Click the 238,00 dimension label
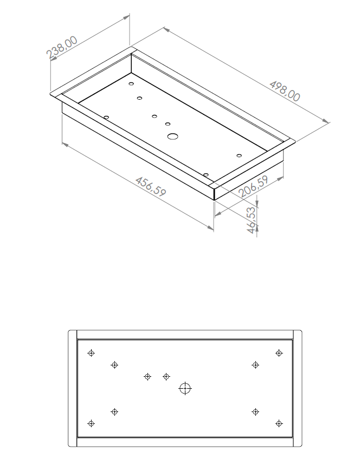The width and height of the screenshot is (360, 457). pyautogui.click(x=62, y=47)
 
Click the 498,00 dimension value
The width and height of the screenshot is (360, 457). pyautogui.click(x=285, y=91)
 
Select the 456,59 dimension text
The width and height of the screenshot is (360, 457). pyautogui.click(x=151, y=186)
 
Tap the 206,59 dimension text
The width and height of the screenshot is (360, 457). pyautogui.click(x=253, y=186)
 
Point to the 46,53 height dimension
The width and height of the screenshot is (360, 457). pyautogui.click(x=251, y=220)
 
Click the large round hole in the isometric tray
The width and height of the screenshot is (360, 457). pyautogui.click(x=173, y=136)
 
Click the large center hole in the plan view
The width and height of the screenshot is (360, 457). pyautogui.click(x=185, y=388)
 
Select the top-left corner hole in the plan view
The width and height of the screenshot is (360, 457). pyautogui.click(x=91, y=353)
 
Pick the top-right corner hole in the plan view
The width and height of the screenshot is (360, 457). pyautogui.click(x=279, y=353)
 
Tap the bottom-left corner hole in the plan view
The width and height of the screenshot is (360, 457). pyautogui.click(x=91, y=423)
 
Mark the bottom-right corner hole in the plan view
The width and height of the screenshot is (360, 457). pyautogui.click(x=279, y=423)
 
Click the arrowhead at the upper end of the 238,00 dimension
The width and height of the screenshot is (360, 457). pyautogui.click(x=126, y=17)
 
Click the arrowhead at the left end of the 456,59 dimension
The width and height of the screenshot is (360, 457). pyautogui.click(x=66, y=145)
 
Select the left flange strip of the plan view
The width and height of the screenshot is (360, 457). pyautogui.click(x=73, y=388)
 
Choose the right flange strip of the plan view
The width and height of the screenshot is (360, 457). pyautogui.click(x=297, y=388)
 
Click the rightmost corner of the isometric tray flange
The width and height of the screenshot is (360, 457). pyautogui.click(x=295, y=141)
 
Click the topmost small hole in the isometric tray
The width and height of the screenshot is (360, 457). pyautogui.click(x=131, y=83)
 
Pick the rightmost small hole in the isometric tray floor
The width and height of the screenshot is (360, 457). pyautogui.click(x=239, y=156)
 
